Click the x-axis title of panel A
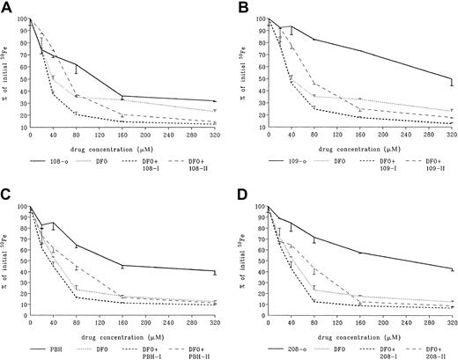click(x=123, y=151)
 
